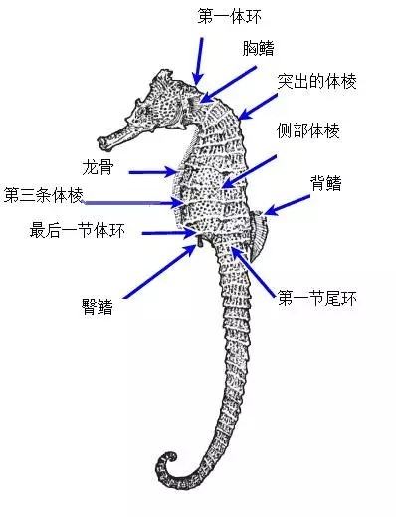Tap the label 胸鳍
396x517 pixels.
tap(259, 47)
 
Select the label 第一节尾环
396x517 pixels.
tap(317, 296)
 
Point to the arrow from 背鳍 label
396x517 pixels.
tap(285, 202)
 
